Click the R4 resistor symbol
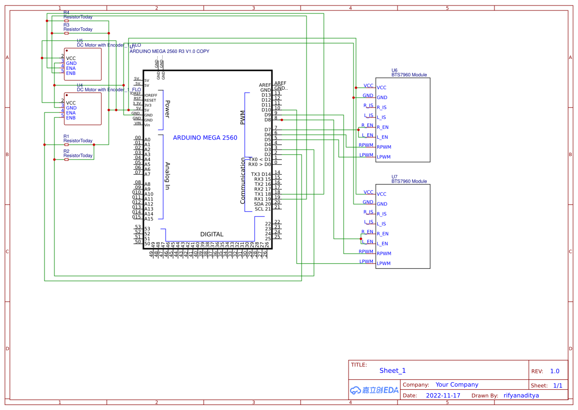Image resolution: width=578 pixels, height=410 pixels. (66, 21)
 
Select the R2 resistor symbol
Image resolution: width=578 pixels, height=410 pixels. (66, 159)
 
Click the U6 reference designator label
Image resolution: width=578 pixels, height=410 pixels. (394, 70)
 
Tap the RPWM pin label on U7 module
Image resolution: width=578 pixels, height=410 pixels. (384, 254)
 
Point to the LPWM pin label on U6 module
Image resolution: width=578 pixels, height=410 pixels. (384, 157)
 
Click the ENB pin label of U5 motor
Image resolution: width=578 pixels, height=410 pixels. (71, 73)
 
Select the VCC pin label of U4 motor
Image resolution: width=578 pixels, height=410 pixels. (71, 103)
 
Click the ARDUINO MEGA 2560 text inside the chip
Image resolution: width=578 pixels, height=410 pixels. (205, 138)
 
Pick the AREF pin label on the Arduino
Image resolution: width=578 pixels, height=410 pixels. (265, 85)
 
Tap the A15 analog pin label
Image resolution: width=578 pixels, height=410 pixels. (148, 219)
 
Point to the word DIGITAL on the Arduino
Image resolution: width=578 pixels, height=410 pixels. (212, 234)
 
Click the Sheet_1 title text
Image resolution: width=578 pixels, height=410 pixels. (393, 370)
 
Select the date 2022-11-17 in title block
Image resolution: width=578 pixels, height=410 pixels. (443, 396)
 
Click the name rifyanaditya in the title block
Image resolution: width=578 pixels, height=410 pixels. (521, 396)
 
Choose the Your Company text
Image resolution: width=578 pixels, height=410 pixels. (457, 385)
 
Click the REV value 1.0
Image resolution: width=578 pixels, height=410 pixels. (554, 371)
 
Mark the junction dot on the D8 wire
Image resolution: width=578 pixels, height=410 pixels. (281, 120)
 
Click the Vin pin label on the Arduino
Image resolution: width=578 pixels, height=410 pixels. (147, 125)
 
